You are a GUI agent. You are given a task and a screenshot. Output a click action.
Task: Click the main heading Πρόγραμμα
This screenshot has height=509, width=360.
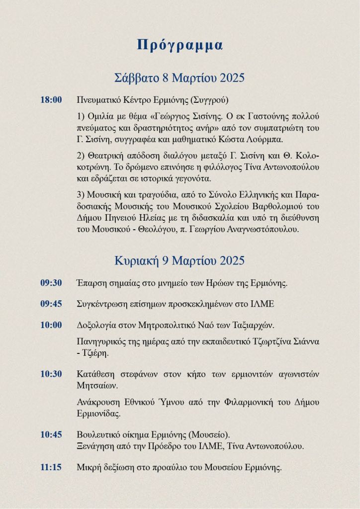tap(180, 45)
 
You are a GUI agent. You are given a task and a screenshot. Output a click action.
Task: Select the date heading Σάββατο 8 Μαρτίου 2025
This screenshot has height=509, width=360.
tap(180, 78)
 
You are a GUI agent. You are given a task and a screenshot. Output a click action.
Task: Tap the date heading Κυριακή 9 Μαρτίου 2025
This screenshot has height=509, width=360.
tap(180, 260)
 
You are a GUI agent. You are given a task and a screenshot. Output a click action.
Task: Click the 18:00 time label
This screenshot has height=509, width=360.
tap(51, 100)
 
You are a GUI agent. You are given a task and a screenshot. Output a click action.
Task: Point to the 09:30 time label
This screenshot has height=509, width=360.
tap(51, 283)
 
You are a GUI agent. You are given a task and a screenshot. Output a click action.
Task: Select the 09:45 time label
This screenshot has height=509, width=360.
tap(51, 304)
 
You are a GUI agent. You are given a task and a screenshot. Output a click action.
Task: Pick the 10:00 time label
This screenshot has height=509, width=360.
tap(51, 325)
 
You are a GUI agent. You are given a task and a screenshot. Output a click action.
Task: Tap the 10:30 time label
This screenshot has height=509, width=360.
tap(51, 374)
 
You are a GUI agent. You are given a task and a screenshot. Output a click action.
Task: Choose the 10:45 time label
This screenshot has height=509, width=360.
tap(51, 435)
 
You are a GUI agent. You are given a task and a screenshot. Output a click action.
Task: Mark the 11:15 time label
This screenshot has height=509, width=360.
tap(51, 467)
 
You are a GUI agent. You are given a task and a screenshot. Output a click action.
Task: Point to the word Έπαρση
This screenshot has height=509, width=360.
tap(90, 283)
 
